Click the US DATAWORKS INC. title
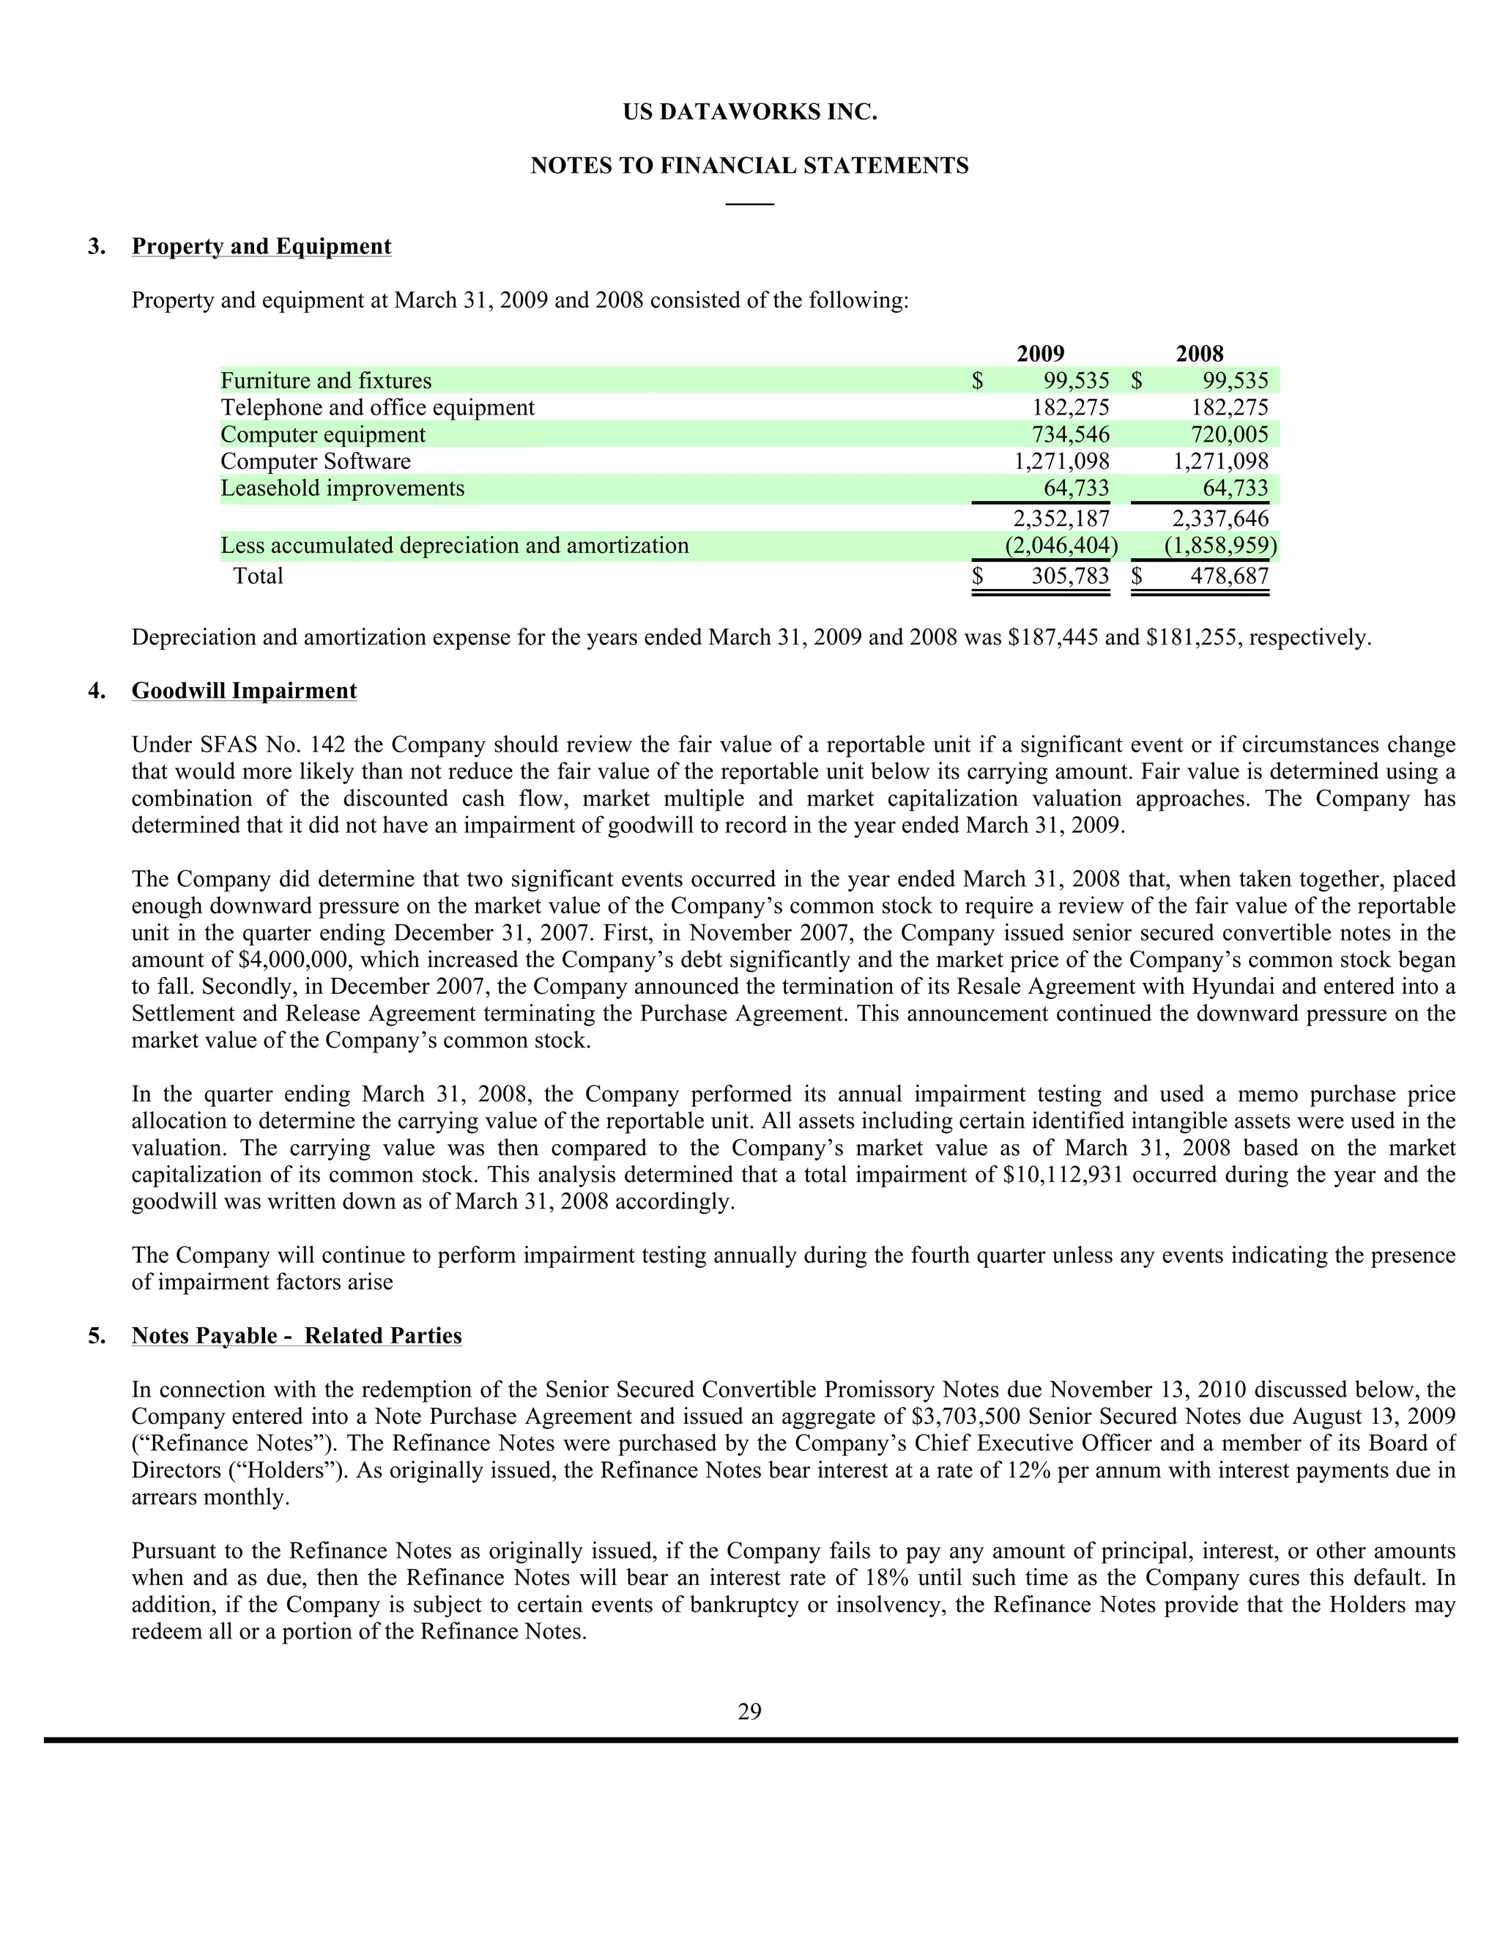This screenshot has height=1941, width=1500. tap(749, 113)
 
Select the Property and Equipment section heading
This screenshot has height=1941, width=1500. tap(261, 246)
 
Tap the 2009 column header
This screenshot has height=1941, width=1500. tap(1040, 354)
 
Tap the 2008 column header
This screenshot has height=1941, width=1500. tap(1199, 354)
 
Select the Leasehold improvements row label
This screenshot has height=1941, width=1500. tap(342, 488)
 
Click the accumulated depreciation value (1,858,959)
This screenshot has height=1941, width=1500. tap(1220, 546)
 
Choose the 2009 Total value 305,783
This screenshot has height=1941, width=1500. tap(1070, 576)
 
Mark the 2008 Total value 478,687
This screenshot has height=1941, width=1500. tap(1229, 576)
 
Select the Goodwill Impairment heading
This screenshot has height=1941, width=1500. tap(245, 691)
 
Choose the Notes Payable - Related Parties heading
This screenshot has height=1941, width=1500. tap(297, 1336)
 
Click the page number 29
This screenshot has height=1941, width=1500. tap(749, 1712)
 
